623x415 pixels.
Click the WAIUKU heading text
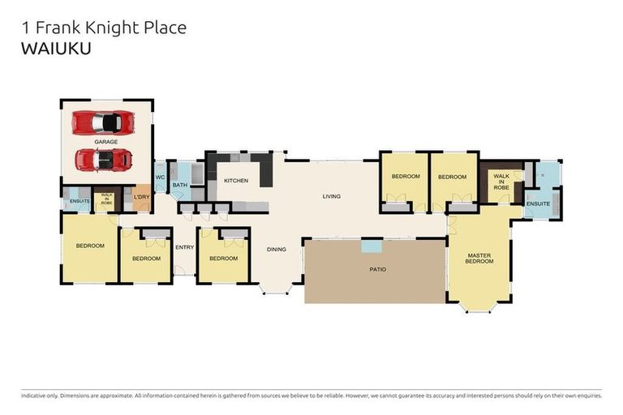[x=55, y=48]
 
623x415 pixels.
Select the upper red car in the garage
[x=103, y=122]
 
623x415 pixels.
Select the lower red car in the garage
[x=103, y=160]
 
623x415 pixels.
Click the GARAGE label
[x=106, y=142]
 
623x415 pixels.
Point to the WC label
[x=160, y=178]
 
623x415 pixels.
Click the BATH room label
[x=179, y=186]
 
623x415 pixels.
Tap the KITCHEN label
[x=236, y=180]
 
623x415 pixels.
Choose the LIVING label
[x=331, y=196]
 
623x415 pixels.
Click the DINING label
[x=277, y=249]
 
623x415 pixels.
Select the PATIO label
[x=378, y=269]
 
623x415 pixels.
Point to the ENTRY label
[x=185, y=248]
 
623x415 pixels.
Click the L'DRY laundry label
[x=141, y=197]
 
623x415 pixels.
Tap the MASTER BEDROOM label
[x=479, y=259]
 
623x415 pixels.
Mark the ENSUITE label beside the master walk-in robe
[x=538, y=203]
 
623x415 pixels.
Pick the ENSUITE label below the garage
[x=79, y=200]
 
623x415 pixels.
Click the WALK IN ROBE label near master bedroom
[x=501, y=181]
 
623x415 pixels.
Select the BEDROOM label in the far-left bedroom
[x=90, y=246]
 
